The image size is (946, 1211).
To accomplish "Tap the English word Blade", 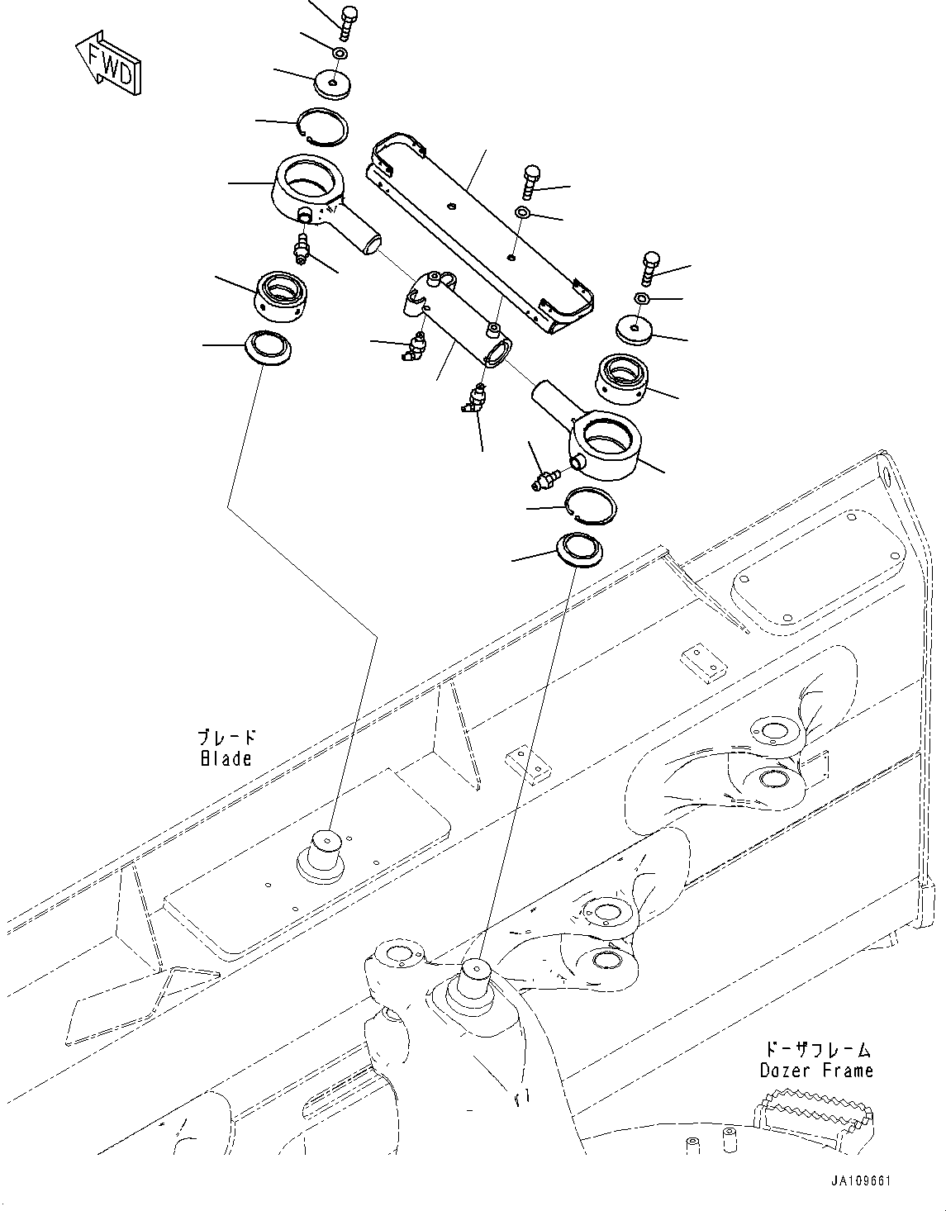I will point(226,757).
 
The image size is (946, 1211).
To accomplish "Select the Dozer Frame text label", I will point(815,1070).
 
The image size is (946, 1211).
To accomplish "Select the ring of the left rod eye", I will point(307,180).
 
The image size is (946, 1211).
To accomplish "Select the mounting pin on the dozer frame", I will point(475,981).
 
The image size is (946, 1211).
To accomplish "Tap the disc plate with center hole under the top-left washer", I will point(332,84).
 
